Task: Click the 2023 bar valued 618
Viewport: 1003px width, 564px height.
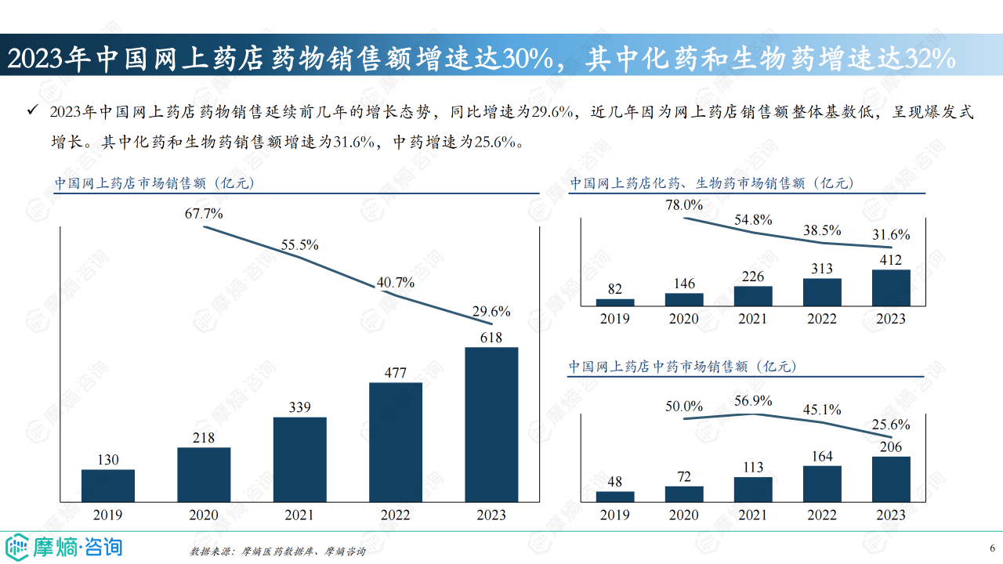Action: [x=491, y=424]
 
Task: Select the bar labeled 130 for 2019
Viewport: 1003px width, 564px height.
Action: [x=108, y=485]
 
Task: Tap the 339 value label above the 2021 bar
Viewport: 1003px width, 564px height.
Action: [x=299, y=407]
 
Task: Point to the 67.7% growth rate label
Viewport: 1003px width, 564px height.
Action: [x=204, y=213]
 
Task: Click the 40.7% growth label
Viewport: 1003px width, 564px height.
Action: [x=395, y=283]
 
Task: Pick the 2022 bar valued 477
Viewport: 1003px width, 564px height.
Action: [x=396, y=442]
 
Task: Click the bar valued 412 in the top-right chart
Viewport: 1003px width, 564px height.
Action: [x=891, y=287]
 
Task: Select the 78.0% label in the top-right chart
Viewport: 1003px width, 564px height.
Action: [x=684, y=205]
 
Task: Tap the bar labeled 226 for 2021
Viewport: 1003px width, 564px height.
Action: [x=753, y=295]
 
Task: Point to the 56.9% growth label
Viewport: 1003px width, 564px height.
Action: [x=753, y=401]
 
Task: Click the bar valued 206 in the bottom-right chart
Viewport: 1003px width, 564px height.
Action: [x=891, y=479]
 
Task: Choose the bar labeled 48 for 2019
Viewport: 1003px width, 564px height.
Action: [x=615, y=496]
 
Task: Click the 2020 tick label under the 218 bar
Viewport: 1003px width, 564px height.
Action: [x=204, y=515]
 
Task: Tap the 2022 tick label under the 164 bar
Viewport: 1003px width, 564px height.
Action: [x=822, y=515]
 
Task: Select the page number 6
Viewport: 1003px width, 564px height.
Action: [x=991, y=547]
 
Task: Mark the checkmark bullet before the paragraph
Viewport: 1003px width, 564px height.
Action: [x=32, y=112]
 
